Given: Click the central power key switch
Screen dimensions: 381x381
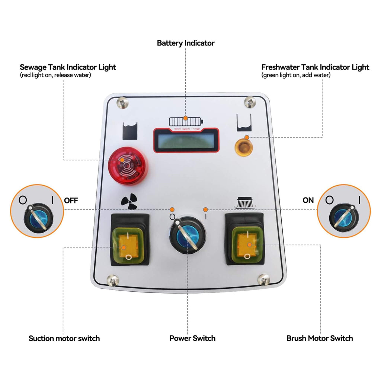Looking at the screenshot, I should click(x=186, y=235).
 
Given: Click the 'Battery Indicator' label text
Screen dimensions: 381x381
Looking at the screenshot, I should click(x=186, y=43).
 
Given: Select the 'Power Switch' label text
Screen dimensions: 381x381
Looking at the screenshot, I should click(x=192, y=338).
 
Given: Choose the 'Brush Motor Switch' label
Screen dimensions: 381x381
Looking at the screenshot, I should click(x=320, y=338).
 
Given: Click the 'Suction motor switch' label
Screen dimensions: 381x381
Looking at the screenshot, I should click(x=64, y=338).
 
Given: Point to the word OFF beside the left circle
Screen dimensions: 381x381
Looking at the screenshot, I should click(x=71, y=200).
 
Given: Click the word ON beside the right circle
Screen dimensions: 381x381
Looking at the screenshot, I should click(x=308, y=200).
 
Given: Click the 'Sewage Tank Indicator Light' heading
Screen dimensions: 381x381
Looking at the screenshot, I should click(x=68, y=67).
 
